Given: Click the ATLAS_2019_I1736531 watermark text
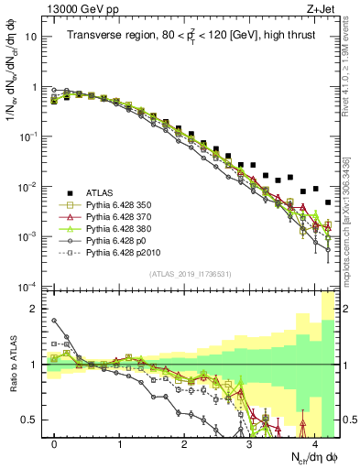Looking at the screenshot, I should pos(191,275).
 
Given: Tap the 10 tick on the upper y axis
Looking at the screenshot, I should pos(32,38).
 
